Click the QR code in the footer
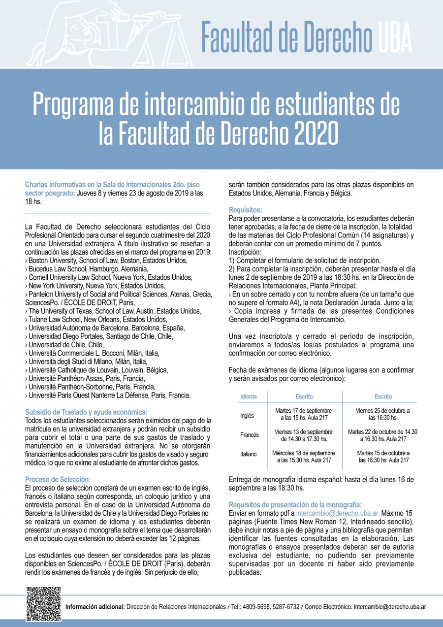[43, 604]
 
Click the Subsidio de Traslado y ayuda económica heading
[86, 412]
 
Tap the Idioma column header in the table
[248, 396]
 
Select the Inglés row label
[247, 416]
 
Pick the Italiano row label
[249, 454]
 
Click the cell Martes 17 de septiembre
[303, 414]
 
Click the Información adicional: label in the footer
[95, 607]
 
